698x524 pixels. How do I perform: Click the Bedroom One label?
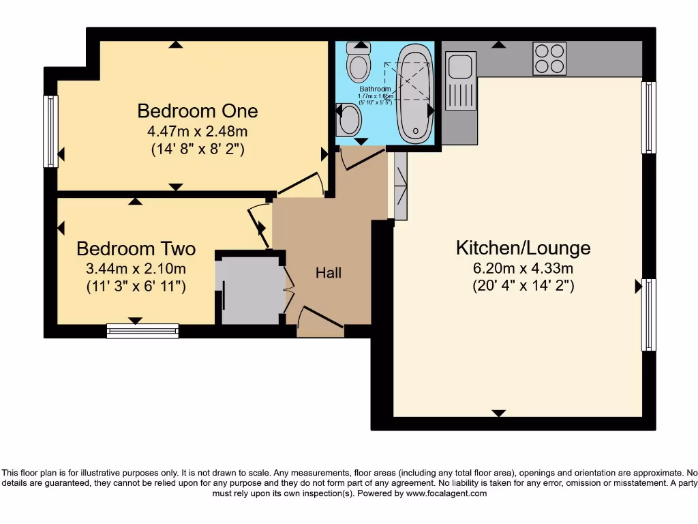pos(198,111)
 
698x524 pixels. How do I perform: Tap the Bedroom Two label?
pos(136,248)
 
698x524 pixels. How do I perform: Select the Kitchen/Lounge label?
pos(523,248)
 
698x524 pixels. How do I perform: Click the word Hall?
pos(329,273)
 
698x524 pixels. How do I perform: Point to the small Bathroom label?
pos(376,89)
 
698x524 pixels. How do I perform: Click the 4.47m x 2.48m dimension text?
pos(198,130)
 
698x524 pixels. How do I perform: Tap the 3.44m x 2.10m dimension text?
pos(136,268)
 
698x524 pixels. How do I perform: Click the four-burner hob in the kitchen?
pos(549,59)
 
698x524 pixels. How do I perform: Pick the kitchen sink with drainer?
pos(461,80)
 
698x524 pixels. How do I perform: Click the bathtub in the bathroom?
pos(414,93)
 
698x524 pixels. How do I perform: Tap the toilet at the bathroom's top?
pos(358,61)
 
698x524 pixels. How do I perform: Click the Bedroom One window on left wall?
pos(50,131)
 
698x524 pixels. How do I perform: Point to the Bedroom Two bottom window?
pos(142,331)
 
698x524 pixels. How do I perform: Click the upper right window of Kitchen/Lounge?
pos(648,117)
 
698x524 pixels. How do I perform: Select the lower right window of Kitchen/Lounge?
pos(648,315)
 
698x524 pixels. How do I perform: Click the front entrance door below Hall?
pos(320,325)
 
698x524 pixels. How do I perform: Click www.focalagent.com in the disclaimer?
pos(446,493)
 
